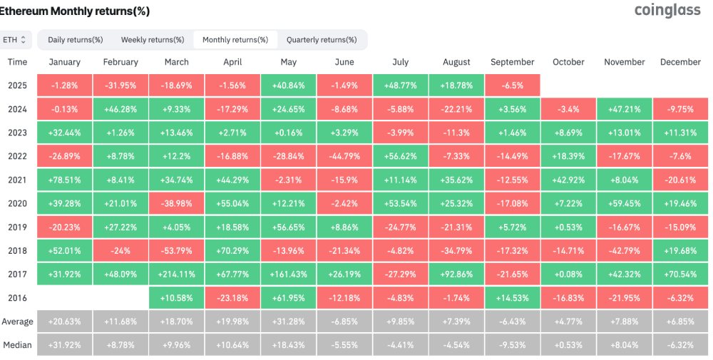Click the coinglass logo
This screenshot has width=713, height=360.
pyautogui.click(x=667, y=10)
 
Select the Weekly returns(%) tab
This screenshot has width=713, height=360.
pyautogui.click(x=153, y=40)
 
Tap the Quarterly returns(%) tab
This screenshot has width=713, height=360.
pyautogui.click(x=322, y=40)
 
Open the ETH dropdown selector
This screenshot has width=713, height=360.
pyautogui.click(x=16, y=40)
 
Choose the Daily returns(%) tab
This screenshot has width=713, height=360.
pyautogui.click(x=76, y=40)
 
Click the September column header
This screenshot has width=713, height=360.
pyautogui.click(x=513, y=62)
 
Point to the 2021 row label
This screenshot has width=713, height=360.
pyautogui.click(x=17, y=180)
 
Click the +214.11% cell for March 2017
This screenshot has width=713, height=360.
pyautogui.click(x=176, y=274)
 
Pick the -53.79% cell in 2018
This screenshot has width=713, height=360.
pyautogui.click(x=176, y=250)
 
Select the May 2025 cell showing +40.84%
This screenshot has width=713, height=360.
pyautogui.click(x=288, y=86)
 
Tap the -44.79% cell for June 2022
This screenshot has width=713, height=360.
pyautogui.click(x=344, y=156)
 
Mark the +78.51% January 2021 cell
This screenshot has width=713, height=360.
pyautogui.click(x=65, y=180)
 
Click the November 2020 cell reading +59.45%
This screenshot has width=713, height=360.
pyautogui.click(x=625, y=203)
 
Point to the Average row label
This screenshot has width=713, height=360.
pyautogui.click(x=17, y=322)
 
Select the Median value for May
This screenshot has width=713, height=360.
pyautogui.click(x=288, y=345)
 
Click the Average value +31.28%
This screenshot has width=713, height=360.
pyautogui.click(x=288, y=322)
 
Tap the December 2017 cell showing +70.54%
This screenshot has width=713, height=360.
pyautogui.click(x=680, y=274)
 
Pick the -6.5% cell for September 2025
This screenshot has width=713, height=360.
pyautogui.click(x=513, y=86)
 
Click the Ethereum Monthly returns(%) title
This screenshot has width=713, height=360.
pyautogui.click(x=74, y=11)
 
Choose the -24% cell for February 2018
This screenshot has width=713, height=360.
pyautogui.click(x=120, y=250)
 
